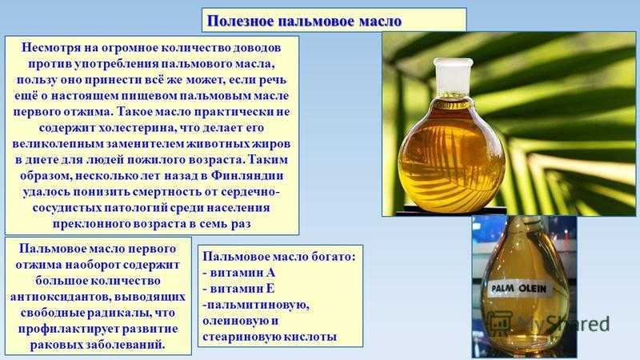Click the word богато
click(334, 257)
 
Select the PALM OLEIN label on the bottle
click(518, 289)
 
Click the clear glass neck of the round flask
click(452, 78)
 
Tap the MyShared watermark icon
click(501, 323)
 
